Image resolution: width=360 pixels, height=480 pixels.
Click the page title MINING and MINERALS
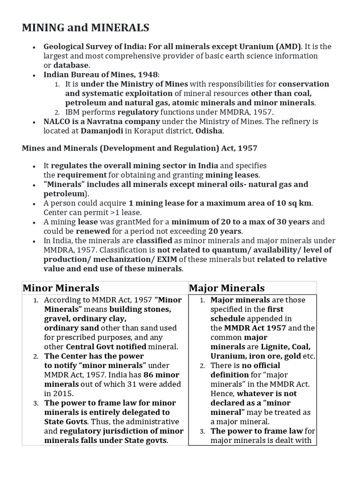coord(86,28)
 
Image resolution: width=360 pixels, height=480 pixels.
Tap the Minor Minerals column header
coord(60,288)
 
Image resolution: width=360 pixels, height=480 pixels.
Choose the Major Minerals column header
coord(226,288)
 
